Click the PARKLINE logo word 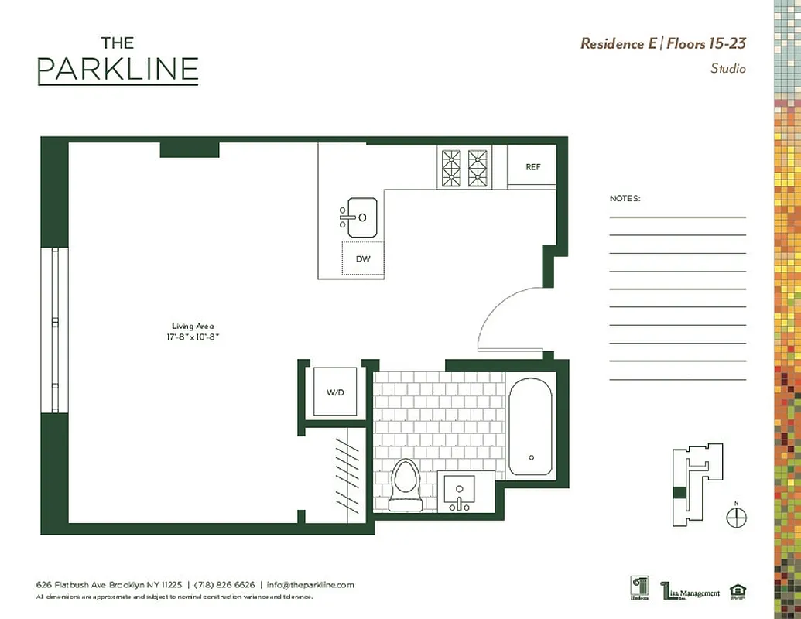pos(118,70)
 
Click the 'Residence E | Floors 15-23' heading pos(662,43)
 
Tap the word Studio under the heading pos(727,69)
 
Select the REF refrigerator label pos(532,166)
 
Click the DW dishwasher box pos(363,259)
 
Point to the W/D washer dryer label pos(334,392)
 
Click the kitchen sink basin pos(361,217)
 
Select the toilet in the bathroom pos(405,485)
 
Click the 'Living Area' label pos(193,326)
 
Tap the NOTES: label pos(625,199)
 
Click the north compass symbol pos(737,516)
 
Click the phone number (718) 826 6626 pos(224,585)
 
